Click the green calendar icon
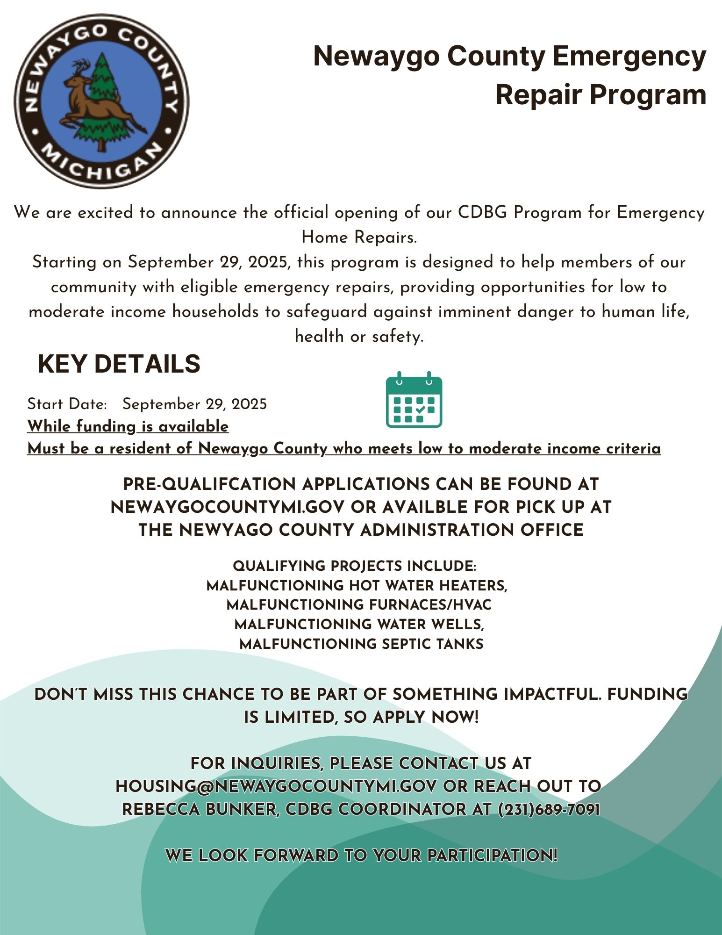[414, 400]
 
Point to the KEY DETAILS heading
[119, 364]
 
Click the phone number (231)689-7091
[549, 809]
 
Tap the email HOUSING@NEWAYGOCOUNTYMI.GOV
[276, 786]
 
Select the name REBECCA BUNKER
[199, 809]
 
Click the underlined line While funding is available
[128, 426]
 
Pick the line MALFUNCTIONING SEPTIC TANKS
[361, 644]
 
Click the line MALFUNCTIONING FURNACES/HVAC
[359, 605]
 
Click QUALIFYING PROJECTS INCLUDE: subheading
[354, 566]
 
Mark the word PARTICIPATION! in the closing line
[492, 856]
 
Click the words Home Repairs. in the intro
[359, 237]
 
